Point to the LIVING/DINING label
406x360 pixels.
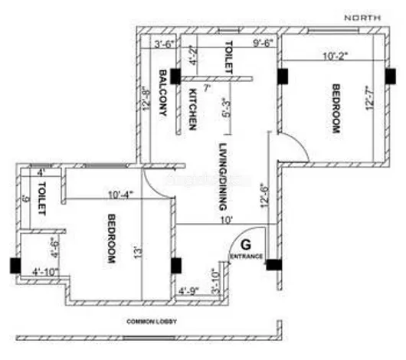(x=223, y=177)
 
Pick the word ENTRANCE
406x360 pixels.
(x=246, y=257)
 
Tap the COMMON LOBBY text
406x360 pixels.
(x=152, y=322)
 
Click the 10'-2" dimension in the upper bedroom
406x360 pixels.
(x=336, y=55)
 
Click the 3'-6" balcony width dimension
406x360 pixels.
(x=165, y=44)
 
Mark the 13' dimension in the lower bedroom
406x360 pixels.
(x=137, y=250)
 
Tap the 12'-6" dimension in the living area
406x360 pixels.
(x=264, y=201)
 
